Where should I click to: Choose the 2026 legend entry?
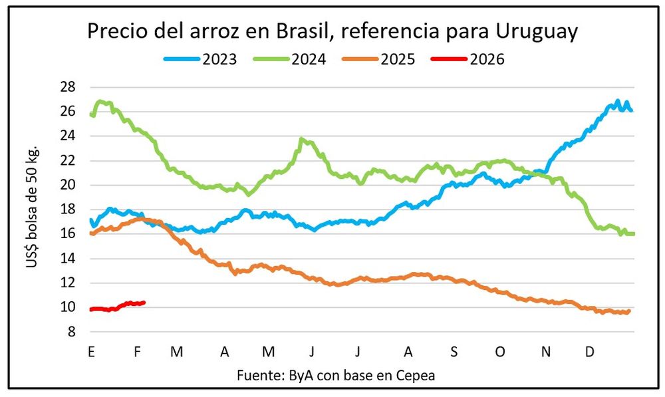coord(469,59)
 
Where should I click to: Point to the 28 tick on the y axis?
coord(68,87)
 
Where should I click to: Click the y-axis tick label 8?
coord(72,332)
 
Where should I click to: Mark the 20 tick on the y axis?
coord(68,185)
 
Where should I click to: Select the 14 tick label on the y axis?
coord(68,259)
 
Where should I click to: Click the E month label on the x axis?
coord(90,351)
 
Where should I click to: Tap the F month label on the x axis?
coord(137,351)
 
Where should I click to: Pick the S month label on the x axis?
coord(454,351)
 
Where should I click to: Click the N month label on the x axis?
coord(545,351)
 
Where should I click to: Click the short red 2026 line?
coord(117,306)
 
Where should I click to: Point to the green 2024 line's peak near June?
coord(303,139)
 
